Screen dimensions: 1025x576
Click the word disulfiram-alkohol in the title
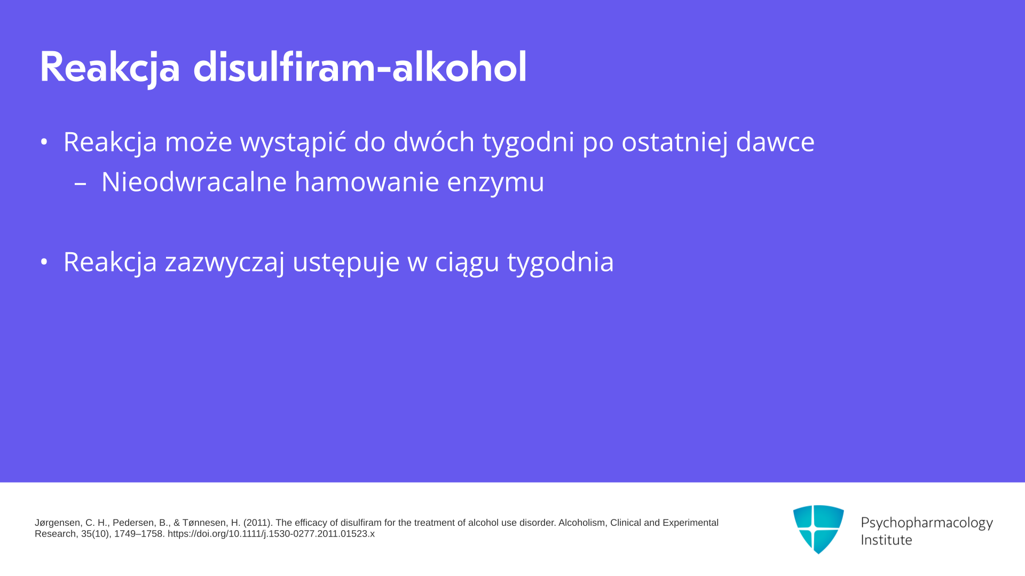coord(360,67)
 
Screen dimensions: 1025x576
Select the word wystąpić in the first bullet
coord(293,142)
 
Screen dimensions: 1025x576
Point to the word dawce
coord(775,142)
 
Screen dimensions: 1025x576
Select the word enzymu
coord(495,183)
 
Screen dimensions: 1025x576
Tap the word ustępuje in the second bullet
coord(346,263)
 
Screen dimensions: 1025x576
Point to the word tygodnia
coord(561,263)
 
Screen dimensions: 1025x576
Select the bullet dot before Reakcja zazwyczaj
coord(44,262)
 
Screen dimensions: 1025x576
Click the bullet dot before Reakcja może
coord(44,142)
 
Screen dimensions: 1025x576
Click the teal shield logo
coord(818,529)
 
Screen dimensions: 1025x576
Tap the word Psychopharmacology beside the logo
coord(927,523)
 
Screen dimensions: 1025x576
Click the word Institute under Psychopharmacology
coord(886,540)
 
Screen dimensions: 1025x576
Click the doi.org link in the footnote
coord(271,534)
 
